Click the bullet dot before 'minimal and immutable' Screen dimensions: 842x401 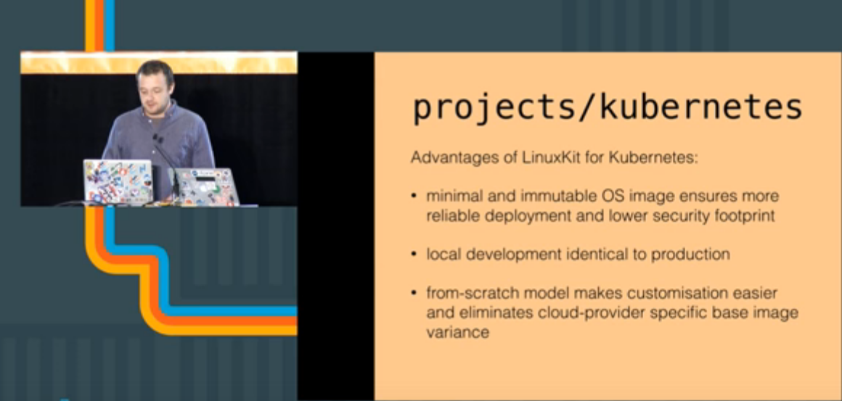click(414, 197)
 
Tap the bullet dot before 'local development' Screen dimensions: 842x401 click(414, 254)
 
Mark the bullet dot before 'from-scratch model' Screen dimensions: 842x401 click(414, 293)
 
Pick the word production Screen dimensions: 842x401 click(690, 254)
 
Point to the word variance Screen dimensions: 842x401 click(458, 333)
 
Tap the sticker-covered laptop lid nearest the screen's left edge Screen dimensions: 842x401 click(118, 182)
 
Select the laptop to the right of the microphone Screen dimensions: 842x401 click(206, 186)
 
